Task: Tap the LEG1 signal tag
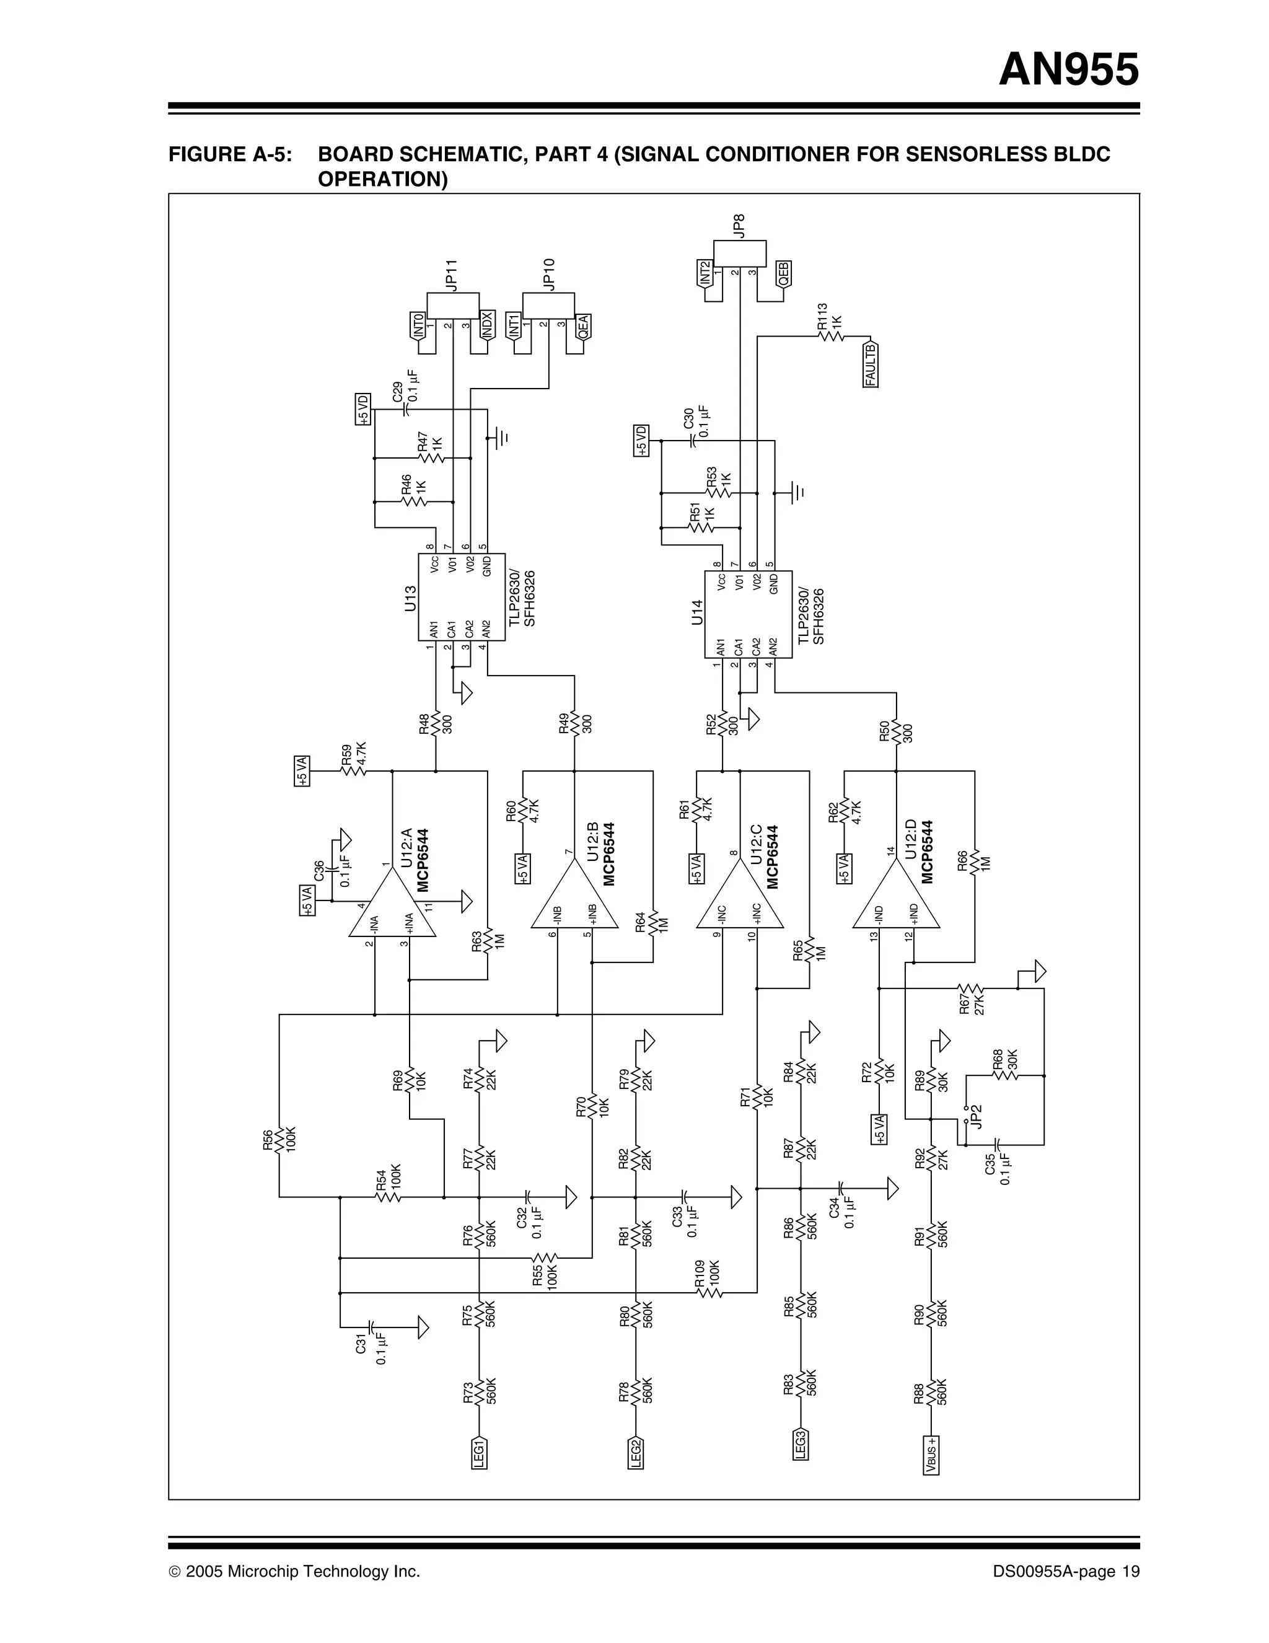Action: pos(479,1451)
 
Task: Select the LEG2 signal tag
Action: pos(636,1451)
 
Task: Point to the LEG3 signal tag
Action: pos(801,1443)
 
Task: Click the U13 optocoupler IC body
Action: pos(461,597)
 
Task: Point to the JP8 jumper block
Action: pos(739,253)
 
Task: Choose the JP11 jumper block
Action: pos(453,306)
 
